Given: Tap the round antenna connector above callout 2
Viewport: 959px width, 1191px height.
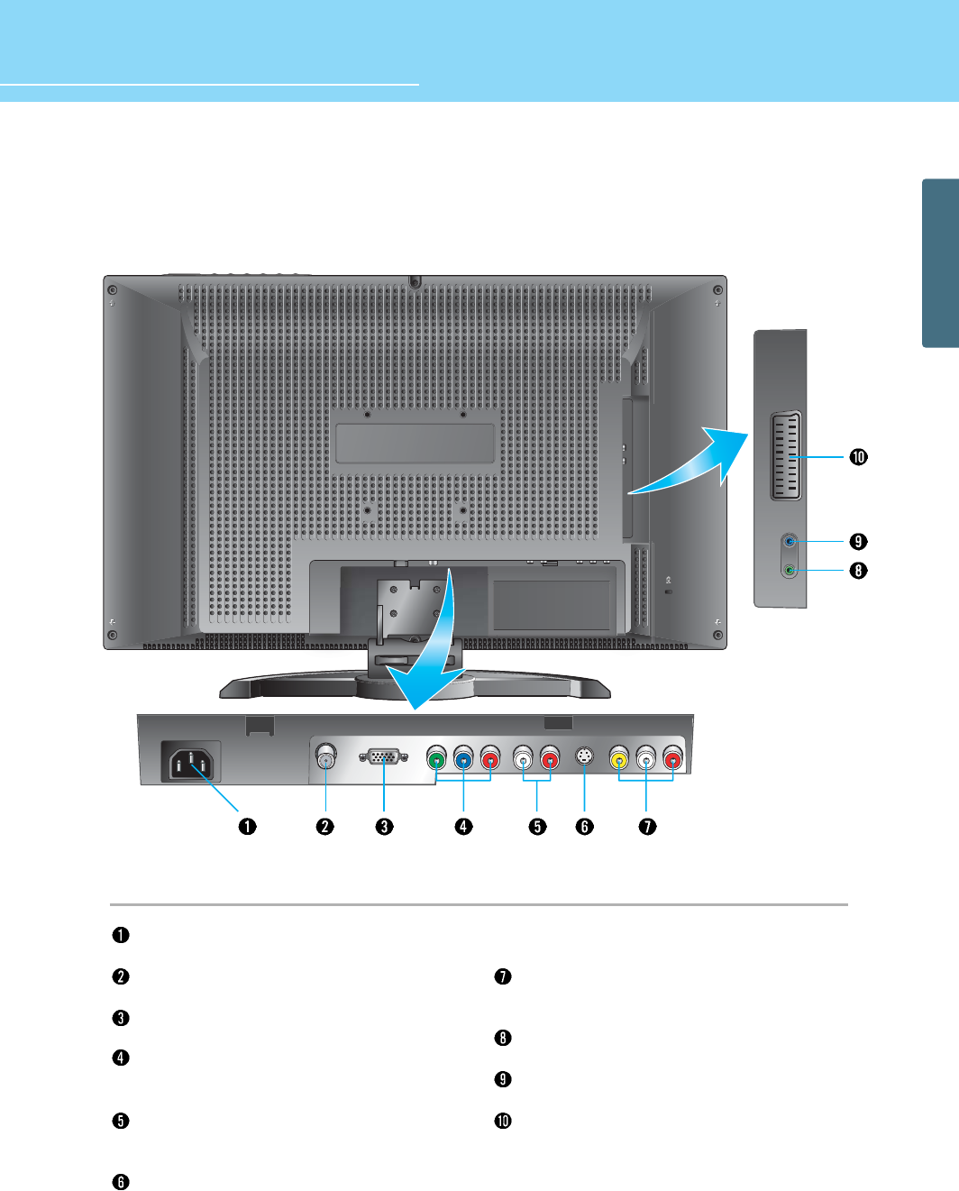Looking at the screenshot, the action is coord(325,757).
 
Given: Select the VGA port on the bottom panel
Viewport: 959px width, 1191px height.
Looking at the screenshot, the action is coord(384,757).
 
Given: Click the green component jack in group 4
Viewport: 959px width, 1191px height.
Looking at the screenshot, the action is coord(436,759).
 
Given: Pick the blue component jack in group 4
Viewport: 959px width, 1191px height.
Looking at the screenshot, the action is coord(463,759).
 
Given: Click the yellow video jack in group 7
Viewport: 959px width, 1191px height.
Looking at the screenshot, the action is coord(619,759).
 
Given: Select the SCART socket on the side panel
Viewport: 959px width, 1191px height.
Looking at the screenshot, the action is coord(786,456).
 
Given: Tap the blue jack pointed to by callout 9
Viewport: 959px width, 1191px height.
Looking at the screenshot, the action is coord(790,542).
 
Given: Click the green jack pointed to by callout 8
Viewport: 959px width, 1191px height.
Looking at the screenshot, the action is coord(790,570).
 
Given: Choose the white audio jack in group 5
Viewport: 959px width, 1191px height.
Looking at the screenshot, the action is coord(524,759).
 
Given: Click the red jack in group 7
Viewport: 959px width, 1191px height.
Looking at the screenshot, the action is coord(672,759).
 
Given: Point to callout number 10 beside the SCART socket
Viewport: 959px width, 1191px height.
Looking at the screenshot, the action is coord(858,457).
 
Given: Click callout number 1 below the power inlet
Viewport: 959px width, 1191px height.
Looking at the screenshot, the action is coord(247,826).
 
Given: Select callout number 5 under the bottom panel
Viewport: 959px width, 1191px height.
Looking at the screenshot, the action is coord(537,826).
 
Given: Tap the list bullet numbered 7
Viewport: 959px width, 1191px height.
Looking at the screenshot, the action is coord(503,976).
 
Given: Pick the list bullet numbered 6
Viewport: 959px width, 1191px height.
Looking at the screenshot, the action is coord(120,1182).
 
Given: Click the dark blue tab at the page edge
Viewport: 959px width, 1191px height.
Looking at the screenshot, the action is coord(940,262).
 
